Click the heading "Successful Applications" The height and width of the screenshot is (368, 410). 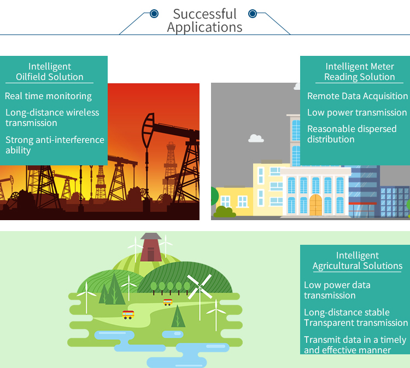click(x=205, y=20)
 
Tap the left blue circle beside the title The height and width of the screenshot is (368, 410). click(x=154, y=14)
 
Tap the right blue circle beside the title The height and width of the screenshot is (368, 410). click(x=253, y=14)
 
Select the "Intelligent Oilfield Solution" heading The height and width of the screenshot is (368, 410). click(x=50, y=72)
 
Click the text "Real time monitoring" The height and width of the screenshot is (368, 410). click(x=48, y=96)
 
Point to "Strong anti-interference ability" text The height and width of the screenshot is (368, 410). click(x=55, y=145)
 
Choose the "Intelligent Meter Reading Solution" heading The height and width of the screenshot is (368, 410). click(x=360, y=72)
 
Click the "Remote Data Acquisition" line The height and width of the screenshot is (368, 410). click(x=358, y=96)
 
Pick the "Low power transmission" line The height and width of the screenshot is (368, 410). click(x=357, y=112)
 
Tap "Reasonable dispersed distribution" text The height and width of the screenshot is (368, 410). click(x=352, y=134)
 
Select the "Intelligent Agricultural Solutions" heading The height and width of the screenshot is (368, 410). click(x=358, y=261)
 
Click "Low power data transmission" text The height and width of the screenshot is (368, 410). click(x=337, y=290)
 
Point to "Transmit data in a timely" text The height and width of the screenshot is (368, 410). click(x=355, y=340)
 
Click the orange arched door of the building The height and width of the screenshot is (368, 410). click(x=316, y=205)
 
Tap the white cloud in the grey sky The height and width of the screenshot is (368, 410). click(x=256, y=138)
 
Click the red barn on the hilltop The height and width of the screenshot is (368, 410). click(x=151, y=248)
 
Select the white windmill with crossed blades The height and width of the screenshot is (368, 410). click(x=199, y=286)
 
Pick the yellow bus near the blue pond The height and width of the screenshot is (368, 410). click(x=128, y=314)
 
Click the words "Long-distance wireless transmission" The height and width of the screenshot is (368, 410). click(x=52, y=118)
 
